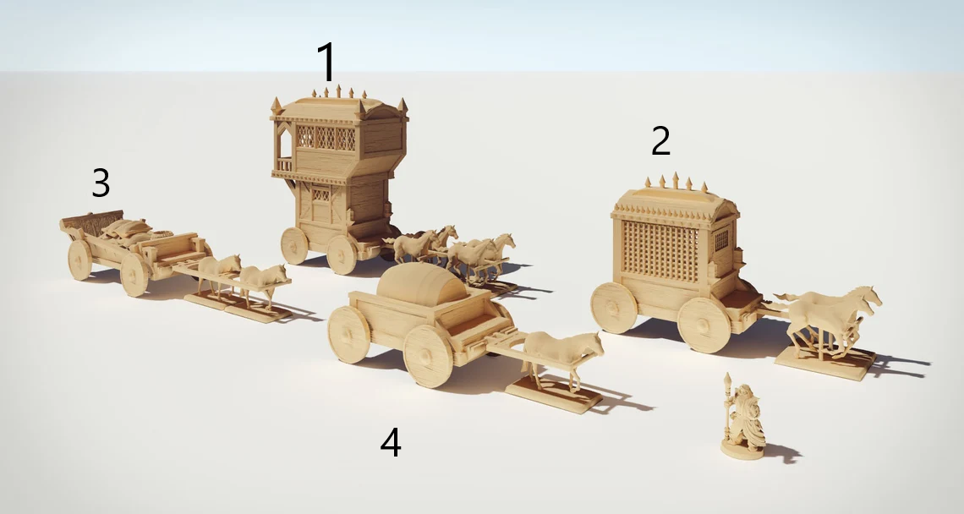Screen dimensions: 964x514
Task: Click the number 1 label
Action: (327, 62)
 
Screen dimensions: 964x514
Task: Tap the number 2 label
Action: (661, 141)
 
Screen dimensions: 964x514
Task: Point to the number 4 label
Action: (391, 442)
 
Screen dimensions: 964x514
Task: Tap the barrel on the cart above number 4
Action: (422, 284)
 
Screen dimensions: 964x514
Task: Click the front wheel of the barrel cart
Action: (428, 356)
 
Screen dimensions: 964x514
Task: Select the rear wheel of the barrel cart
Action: (348, 334)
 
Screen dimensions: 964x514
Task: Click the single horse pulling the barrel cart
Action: (562, 357)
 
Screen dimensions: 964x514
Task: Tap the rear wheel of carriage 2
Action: (614, 308)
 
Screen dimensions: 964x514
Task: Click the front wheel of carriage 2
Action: (704, 325)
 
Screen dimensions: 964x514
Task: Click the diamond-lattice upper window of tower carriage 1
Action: (326, 138)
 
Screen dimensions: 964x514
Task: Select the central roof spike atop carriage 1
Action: (338, 91)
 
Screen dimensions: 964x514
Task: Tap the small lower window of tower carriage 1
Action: (320, 195)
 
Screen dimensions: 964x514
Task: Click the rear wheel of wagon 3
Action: (80, 260)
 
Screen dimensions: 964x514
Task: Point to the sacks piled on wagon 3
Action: (127, 230)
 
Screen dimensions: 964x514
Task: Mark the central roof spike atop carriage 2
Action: (676, 180)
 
